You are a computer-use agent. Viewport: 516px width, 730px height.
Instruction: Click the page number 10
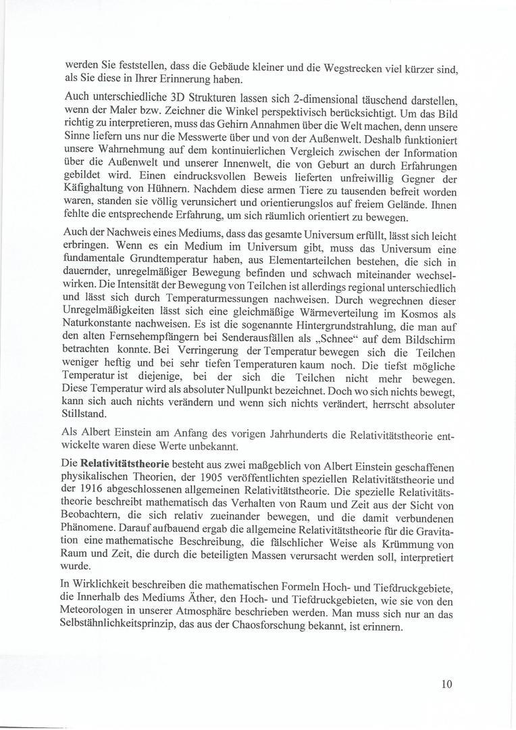(x=446, y=683)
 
